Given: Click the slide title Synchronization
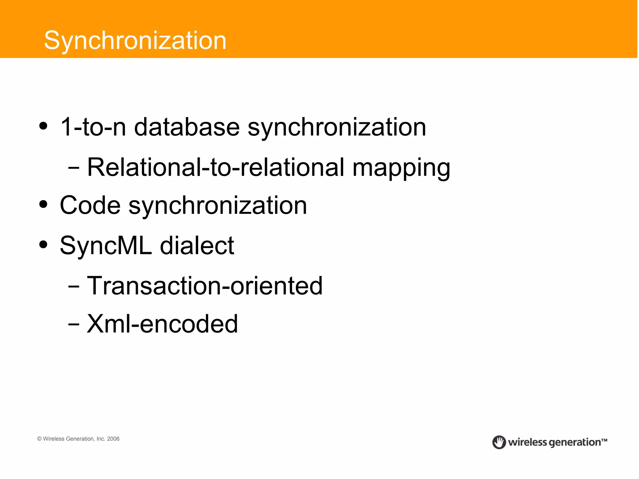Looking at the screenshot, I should (135, 41).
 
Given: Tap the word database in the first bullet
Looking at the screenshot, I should (187, 127).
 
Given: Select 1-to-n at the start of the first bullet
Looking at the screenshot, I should (93, 127).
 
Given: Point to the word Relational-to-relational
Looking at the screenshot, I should (215, 167).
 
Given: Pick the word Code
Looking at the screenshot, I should (90, 205).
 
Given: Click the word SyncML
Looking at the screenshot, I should (106, 246).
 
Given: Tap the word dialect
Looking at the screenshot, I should (197, 246).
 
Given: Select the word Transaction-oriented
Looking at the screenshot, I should (205, 286).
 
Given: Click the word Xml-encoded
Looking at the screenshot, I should (162, 324).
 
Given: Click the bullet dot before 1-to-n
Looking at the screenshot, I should (43, 126).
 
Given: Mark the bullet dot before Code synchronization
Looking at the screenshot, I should (43, 204).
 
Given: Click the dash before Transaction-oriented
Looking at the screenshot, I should (74, 286).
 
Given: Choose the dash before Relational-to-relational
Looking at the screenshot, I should (74, 168).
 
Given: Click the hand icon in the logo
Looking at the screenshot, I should (499, 442).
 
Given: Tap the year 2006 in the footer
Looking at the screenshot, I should (113, 439).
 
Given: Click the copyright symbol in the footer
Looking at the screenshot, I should (39, 439).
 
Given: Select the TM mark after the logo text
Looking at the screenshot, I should (604, 440).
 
